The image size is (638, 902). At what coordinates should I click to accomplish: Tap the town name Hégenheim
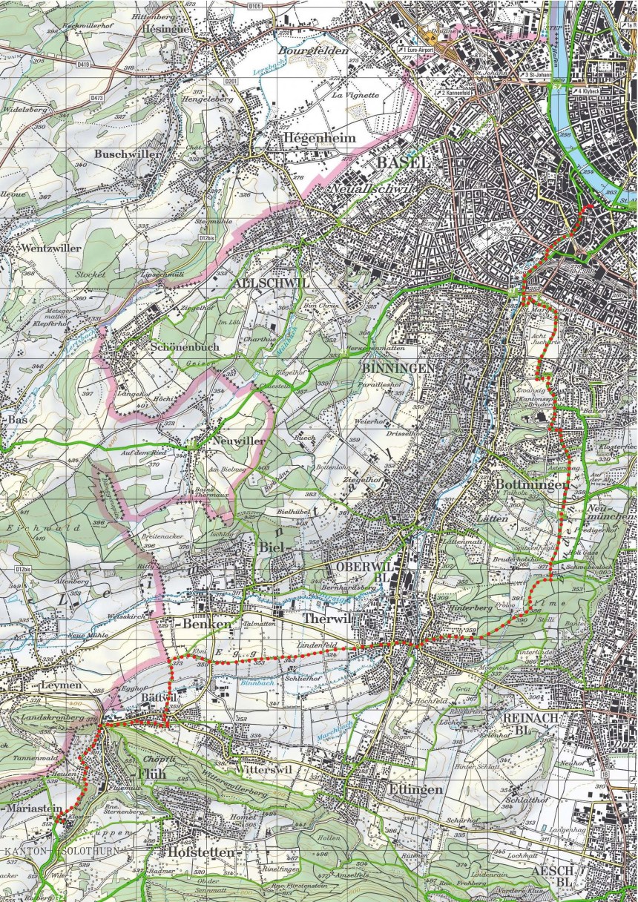pos(318,138)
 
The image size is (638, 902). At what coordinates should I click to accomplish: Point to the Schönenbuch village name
pos(182,346)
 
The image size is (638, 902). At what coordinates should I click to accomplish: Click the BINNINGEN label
pos(395,368)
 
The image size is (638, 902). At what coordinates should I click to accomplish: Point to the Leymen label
pos(62,685)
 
